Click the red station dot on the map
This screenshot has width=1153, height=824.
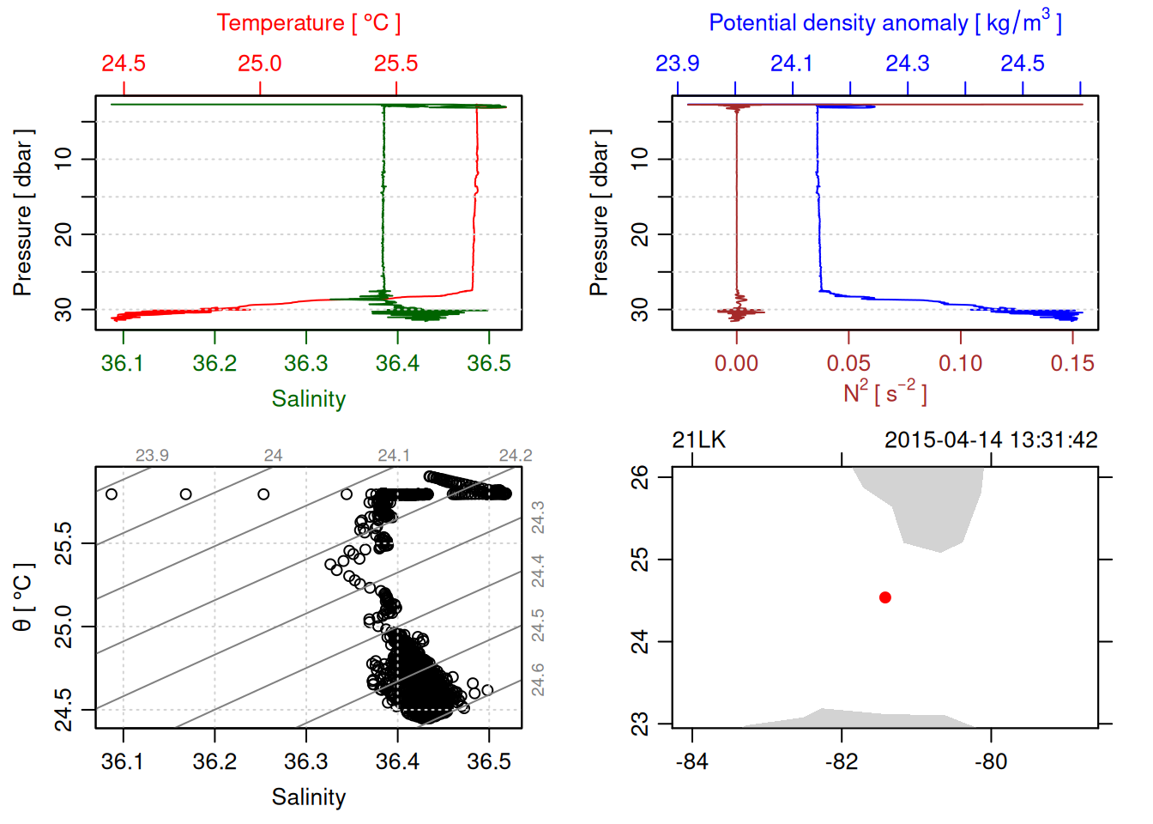[885, 597]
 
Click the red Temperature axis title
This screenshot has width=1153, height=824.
[308, 23]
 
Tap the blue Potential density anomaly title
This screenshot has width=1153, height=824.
[884, 22]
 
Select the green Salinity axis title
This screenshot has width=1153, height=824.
[308, 399]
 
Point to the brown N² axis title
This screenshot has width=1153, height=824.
[884, 392]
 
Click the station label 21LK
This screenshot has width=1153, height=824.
[698, 440]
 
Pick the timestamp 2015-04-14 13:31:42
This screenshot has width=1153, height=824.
[991, 440]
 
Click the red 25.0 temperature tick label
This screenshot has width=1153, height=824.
[260, 64]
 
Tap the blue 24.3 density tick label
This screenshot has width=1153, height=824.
[908, 64]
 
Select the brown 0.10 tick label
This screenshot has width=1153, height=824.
[960, 364]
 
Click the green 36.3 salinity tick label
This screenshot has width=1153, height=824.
[306, 364]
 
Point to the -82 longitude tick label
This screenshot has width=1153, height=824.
[842, 762]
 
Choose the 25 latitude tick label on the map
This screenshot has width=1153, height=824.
[641, 560]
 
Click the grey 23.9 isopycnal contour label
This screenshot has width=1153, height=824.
[152, 456]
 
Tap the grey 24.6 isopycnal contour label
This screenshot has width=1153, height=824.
[538, 680]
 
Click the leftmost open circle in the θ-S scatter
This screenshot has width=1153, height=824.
[112, 494]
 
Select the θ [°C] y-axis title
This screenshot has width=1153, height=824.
[22, 597]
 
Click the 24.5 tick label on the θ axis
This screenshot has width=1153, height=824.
[63, 709]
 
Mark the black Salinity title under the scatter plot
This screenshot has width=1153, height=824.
[308, 797]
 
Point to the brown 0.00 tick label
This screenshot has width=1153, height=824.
[736, 364]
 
